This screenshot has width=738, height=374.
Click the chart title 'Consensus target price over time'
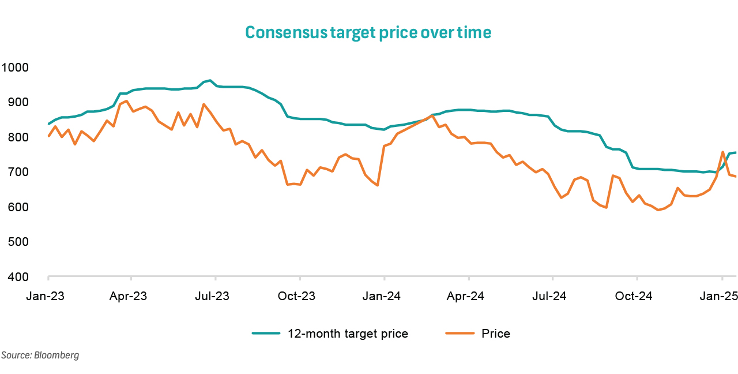(368, 32)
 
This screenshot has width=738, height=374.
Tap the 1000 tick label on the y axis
(15, 68)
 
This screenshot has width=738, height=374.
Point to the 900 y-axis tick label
(18, 102)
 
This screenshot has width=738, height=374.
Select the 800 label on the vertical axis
(18, 137)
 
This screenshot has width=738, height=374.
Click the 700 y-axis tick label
(18, 172)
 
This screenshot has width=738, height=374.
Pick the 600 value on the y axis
(18, 207)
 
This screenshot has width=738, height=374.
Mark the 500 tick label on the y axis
(18, 242)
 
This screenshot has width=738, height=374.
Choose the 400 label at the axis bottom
(18, 277)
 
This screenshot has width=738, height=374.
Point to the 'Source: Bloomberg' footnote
(40, 356)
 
